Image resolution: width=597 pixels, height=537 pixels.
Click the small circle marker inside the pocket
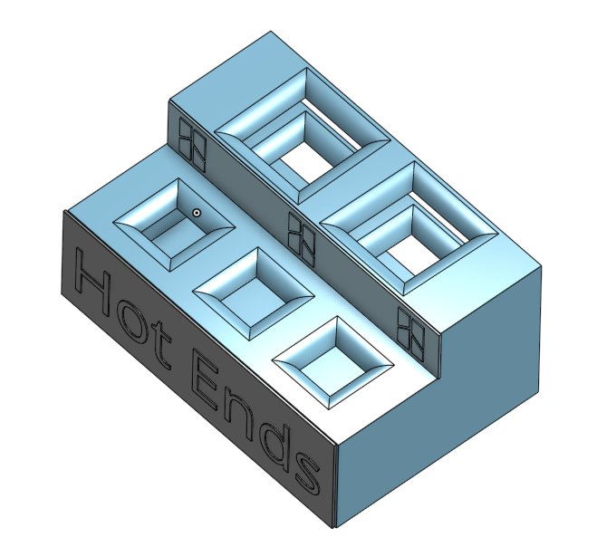tap(196, 213)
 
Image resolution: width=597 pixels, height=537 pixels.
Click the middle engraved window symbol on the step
tap(300, 235)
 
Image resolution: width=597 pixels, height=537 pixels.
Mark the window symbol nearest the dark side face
tap(411, 330)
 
